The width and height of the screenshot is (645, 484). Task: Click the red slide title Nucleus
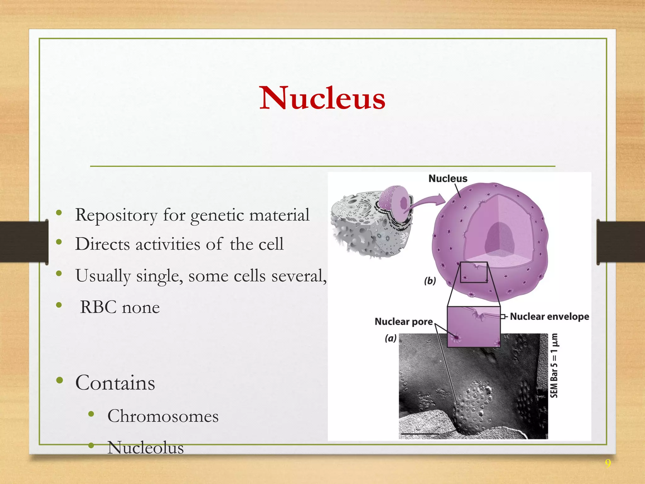[322, 98]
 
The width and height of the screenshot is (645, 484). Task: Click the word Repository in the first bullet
[116, 215]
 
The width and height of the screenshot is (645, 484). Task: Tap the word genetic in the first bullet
[217, 215]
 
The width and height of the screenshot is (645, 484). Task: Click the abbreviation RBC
[98, 307]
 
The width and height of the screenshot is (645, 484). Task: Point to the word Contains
[115, 383]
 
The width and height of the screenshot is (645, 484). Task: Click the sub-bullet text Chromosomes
[163, 416]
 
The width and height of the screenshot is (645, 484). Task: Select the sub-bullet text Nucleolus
[146, 447]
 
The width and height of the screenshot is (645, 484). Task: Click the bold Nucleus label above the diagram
[448, 179]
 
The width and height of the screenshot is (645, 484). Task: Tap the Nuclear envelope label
[549, 316]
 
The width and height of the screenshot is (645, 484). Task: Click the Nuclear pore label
[403, 321]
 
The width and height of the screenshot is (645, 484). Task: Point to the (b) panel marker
[430, 281]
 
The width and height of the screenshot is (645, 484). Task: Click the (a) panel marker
[391, 338]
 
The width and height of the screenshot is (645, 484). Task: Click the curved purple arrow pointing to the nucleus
[425, 202]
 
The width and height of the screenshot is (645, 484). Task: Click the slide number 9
[608, 464]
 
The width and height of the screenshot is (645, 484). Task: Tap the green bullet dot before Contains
[60, 381]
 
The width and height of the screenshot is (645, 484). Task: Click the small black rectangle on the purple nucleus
[474, 272]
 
